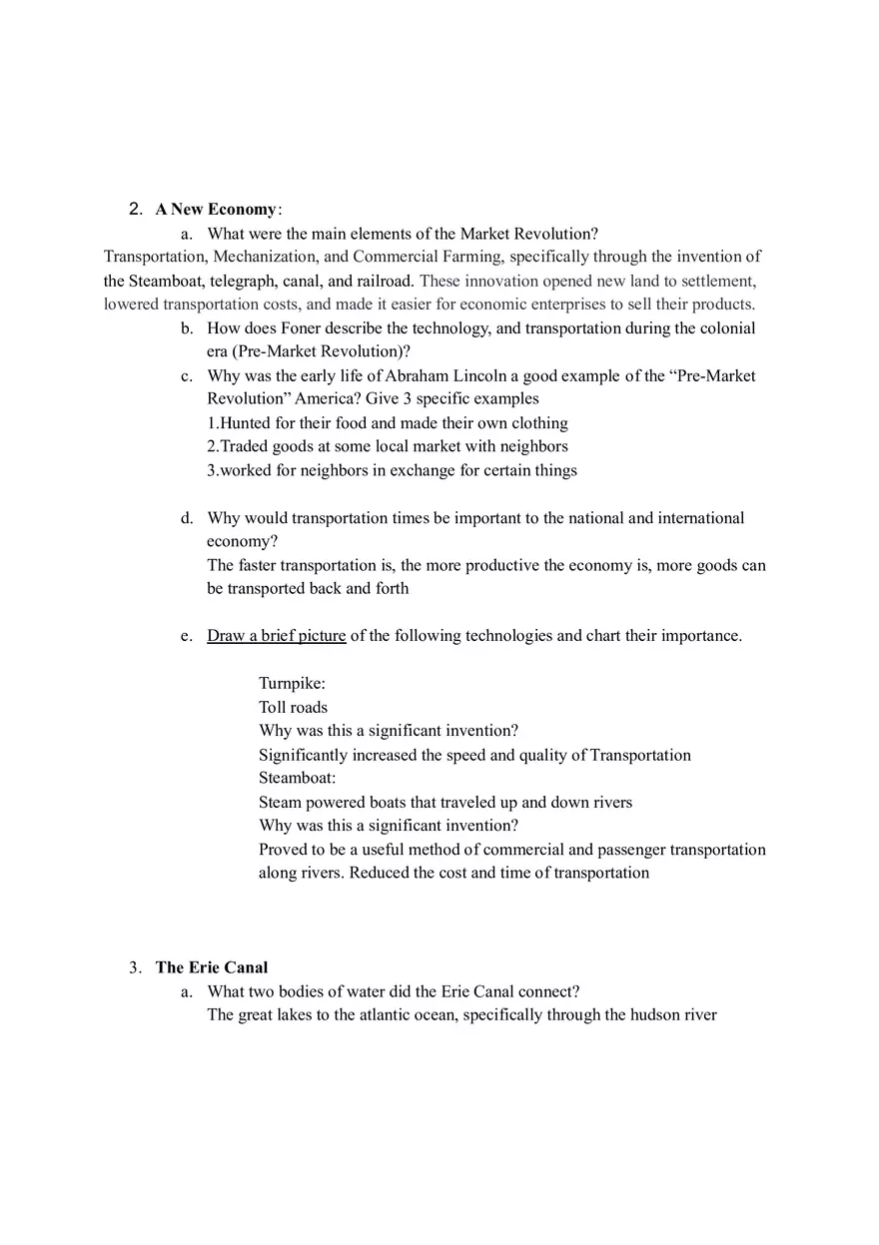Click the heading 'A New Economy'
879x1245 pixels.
[x=216, y=210]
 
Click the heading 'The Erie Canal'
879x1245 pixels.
[x=212, y=967]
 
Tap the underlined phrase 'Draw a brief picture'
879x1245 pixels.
[x=276, y=636]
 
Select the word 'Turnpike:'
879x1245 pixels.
[x=292, y=684]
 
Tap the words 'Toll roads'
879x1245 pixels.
[x=293, y=707]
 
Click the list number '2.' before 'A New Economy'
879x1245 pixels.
[x=136, y=210]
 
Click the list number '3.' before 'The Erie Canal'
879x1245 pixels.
[x=135, y=967]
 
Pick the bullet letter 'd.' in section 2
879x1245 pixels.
[x=187, y=518]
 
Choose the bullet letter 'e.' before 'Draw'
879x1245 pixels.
[x=187, y=636]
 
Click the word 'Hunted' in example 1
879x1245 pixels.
[x=245, y=423]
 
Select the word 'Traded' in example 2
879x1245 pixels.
[x=245, y=446]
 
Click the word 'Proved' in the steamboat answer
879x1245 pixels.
[x=283, y=850]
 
